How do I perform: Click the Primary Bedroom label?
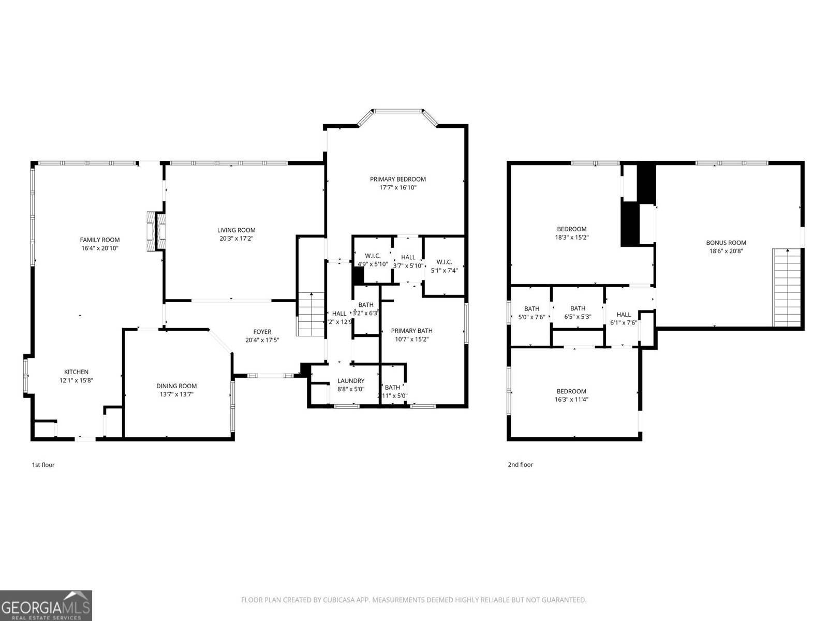pyautogui.click(x=397, y=180)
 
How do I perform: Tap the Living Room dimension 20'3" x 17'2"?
pyautogui.click(x=236, y=239)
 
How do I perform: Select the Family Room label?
pyautogui.click(x=100, y=240)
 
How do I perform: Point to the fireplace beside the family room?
pyautogui.click(x=154, y=231)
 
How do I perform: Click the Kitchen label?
pyautogui.click(x=76, y=372)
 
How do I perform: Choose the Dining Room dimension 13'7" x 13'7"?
pyautogui.click(x=176, y=394)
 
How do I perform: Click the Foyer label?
pyautogui.click(x=262, y=332)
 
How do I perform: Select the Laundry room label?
pyautogui.click(x=351, y=381)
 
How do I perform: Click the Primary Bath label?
pyautogui.click(x=411, y=331)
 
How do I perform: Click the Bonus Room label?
pyautogui.click(x=726, y=243)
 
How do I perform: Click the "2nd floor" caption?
pyautogui.click(x=520, y=465)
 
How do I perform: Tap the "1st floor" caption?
pyautogui.click(x=43, y=465)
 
